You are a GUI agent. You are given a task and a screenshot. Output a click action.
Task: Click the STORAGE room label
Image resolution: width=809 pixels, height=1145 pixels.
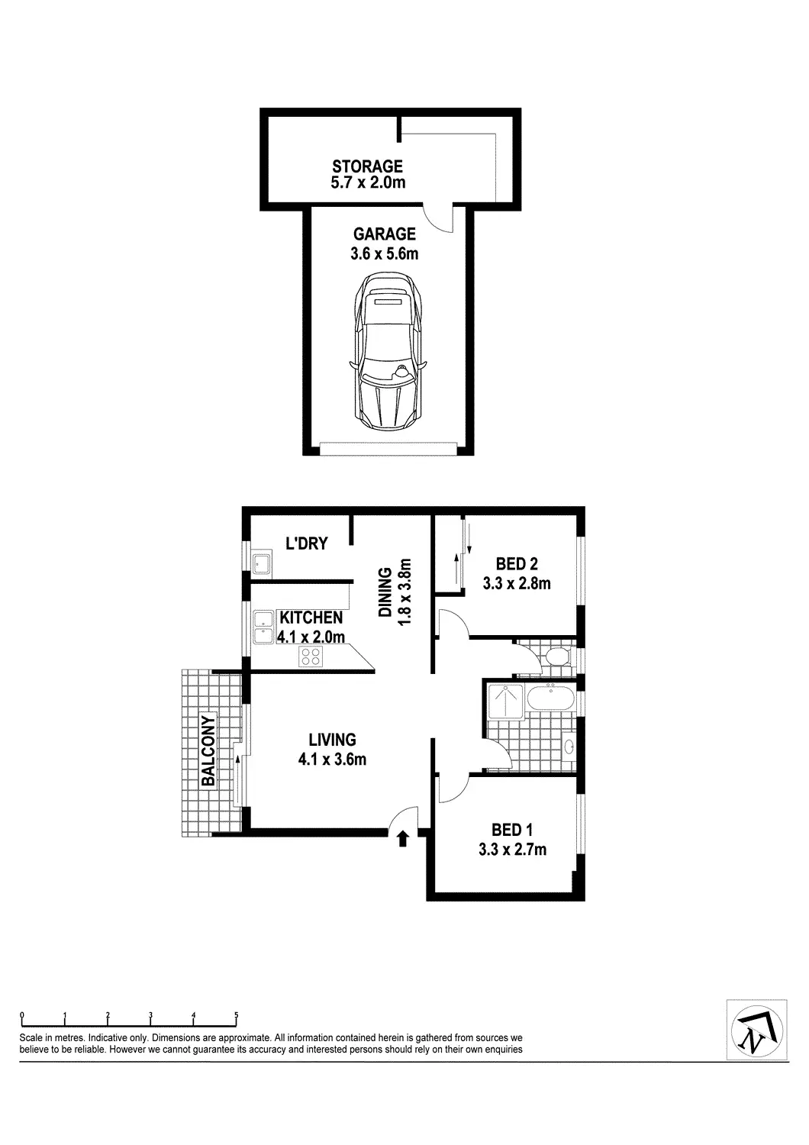(x=367, y=166)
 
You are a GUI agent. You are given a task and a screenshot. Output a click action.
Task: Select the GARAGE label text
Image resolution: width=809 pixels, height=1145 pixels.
(x=384, y=234)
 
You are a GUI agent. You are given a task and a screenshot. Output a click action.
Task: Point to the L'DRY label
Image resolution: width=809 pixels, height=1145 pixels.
(x=306, y=543)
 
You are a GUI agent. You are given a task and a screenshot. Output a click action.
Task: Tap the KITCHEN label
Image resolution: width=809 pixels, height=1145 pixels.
(x=311, y=618)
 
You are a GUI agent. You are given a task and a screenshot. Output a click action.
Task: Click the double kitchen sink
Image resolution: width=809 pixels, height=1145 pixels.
(x=263, y=628)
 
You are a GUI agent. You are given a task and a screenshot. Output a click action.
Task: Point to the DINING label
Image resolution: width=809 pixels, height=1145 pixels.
(x=385, y=592)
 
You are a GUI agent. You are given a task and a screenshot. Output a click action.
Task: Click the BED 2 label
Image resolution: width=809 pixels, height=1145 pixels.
(x=517, y=564)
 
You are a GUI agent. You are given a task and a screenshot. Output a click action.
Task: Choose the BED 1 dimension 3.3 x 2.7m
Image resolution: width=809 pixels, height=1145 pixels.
(x=512, y=849)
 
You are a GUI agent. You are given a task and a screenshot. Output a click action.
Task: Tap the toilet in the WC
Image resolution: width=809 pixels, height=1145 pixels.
(x=556, y=656)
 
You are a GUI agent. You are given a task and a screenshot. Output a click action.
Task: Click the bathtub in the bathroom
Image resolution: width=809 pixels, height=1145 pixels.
(x=549, y=698)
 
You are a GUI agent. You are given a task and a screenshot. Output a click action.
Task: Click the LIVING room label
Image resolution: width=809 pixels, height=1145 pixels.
(x=332, y=739)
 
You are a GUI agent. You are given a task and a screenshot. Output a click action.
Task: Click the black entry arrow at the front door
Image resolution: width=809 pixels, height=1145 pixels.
(x=403, y=839)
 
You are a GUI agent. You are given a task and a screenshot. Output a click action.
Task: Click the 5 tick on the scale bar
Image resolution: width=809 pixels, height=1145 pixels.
(x=237, y=1016)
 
